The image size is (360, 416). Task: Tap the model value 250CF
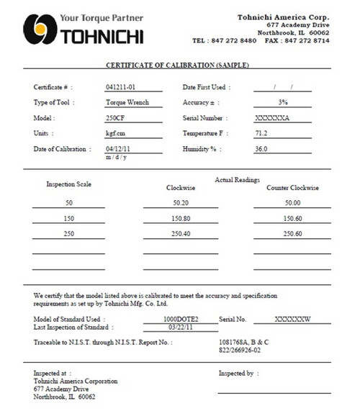(x=115, y=118)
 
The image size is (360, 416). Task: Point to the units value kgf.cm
(x=117, y=133)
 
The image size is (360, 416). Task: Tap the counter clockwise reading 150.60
(x=292, y=219)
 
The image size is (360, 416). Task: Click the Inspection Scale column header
(x=69, y=184)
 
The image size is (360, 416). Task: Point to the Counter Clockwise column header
(x=292, y=188)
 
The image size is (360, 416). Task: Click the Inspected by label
(x=238, y=374)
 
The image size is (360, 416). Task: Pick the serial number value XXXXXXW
(x=292, y=317)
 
